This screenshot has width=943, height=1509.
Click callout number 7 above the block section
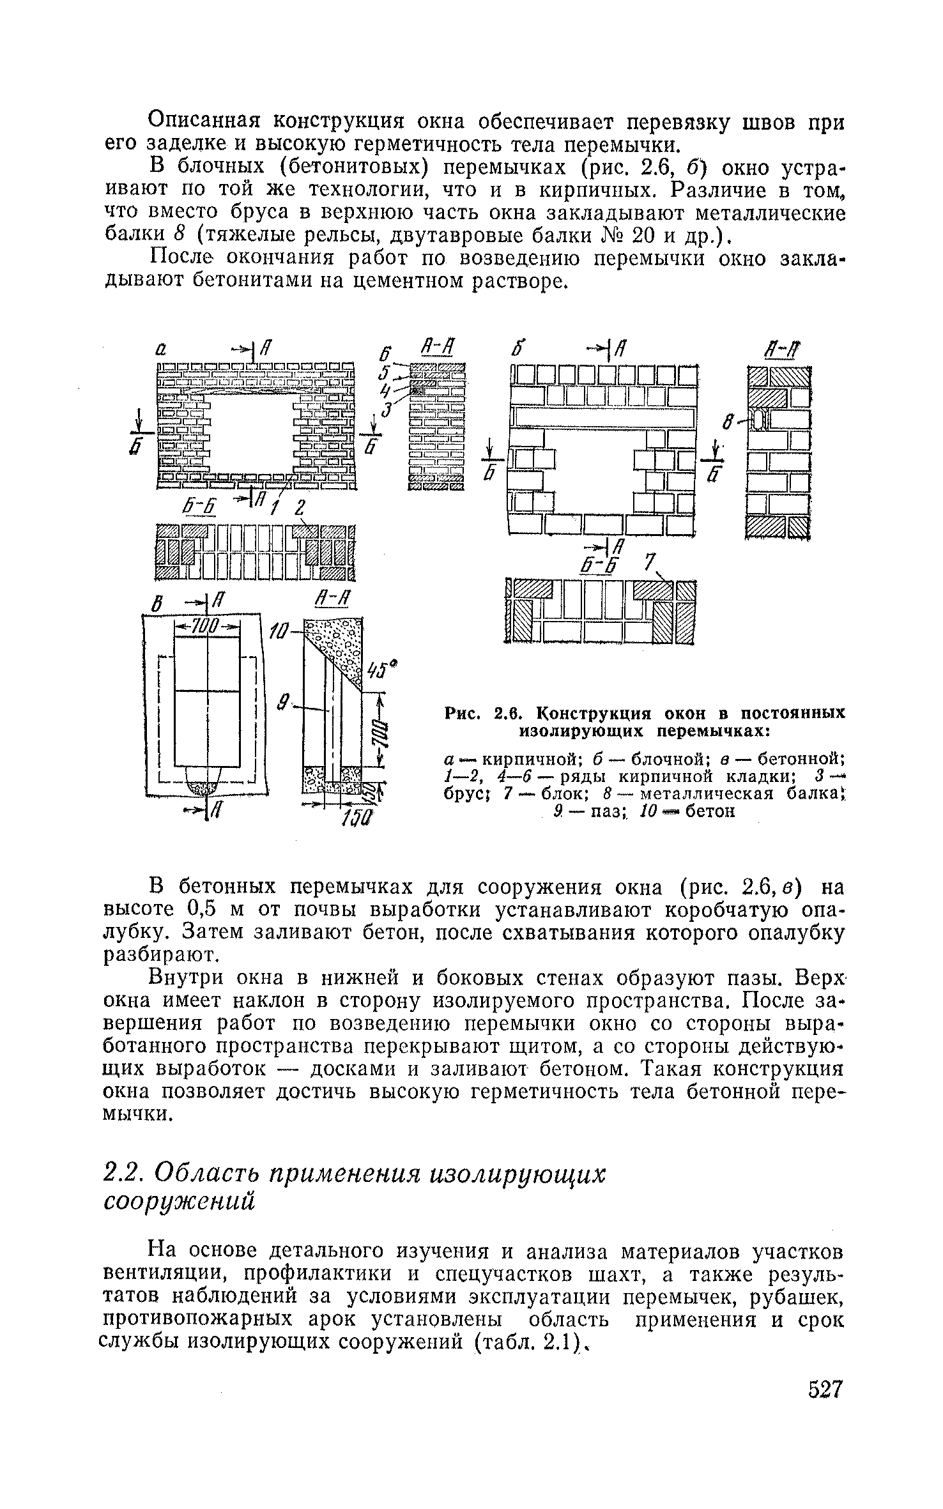(649, 563)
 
